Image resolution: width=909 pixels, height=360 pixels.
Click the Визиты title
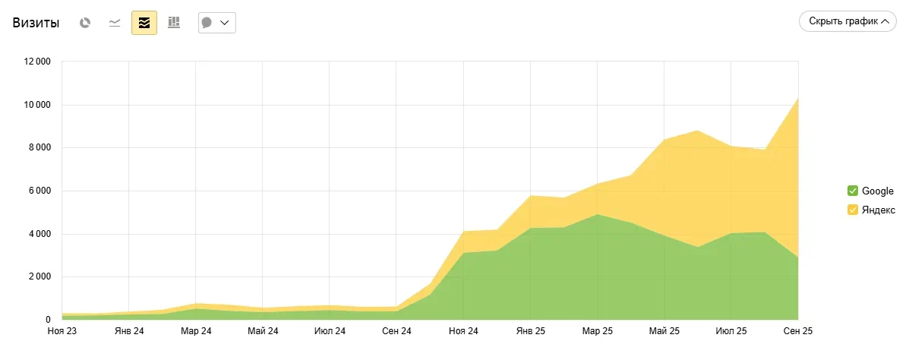(x=36, y=23)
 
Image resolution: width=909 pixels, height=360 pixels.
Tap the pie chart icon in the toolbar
(x=86, y=23)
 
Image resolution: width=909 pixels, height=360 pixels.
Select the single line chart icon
(x=115, y=23)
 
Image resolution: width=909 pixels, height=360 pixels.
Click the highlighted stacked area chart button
(x=144, y=23)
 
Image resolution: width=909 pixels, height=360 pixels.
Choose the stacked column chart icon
(x=174, y=23)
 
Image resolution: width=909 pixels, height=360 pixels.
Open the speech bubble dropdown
(x=216, y=23)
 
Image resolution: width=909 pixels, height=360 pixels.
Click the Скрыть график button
(x=848, y=21)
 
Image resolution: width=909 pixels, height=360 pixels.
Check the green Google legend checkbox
(x=852, y=191)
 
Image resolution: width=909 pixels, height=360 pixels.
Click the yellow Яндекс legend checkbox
(x=852, y=210)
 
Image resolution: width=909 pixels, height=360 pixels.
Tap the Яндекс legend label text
(x=879, y=210)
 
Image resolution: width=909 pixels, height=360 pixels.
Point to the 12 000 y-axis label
(x=36, y=62)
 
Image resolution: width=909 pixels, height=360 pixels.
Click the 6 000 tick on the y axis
(x=39, y=191)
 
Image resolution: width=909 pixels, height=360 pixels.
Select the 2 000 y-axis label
(x=39, y=276)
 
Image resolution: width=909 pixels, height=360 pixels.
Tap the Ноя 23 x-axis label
(x=62, y=331)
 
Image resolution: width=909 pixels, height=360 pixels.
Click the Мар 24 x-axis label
(x=195, y=331)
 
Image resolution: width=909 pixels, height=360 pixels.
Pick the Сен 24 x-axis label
(x=396, y=331)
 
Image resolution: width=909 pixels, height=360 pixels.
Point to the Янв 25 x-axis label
(x=530, y=331)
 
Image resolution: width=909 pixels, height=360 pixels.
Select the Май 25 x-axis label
(x=664, y=331)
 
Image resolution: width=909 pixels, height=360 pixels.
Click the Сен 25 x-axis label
(x=798, y=331)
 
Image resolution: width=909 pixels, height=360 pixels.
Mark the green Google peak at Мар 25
(x=598, y=215)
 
